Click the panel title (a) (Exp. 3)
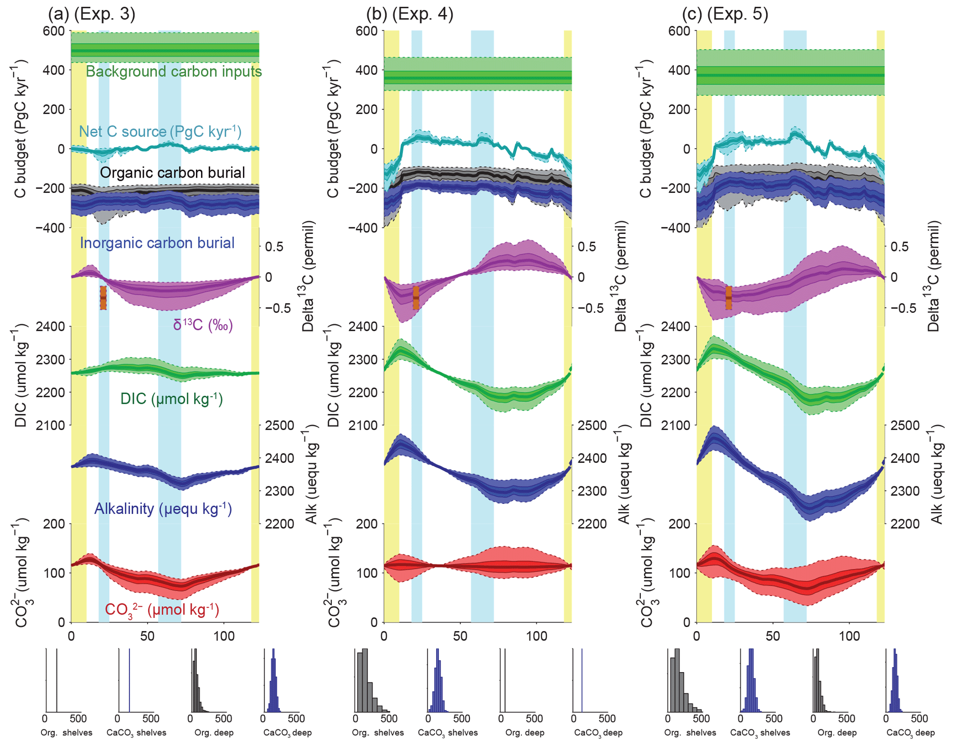coord(92,14)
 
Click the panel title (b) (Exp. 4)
coord(409,14)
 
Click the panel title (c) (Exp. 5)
coord(725,14)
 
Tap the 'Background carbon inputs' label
coord(174,72)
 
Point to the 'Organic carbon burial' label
coord(172,173)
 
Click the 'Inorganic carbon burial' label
coord(157,243)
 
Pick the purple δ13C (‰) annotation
coord(203,325)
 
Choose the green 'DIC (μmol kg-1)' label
coord(172,399)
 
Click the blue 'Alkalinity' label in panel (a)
coord(163,508)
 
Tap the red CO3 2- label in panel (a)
coord(162,609)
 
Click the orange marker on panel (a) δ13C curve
coord(103,298)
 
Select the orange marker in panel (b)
coord(416,298)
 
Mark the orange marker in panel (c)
coord(728,298)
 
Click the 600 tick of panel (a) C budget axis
coord(54,31)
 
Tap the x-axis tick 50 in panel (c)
coord(773,636)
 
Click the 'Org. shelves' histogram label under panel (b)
coord(378,733)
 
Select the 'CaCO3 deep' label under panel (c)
coord(911,733)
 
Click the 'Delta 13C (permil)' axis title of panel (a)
coord(308,277)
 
